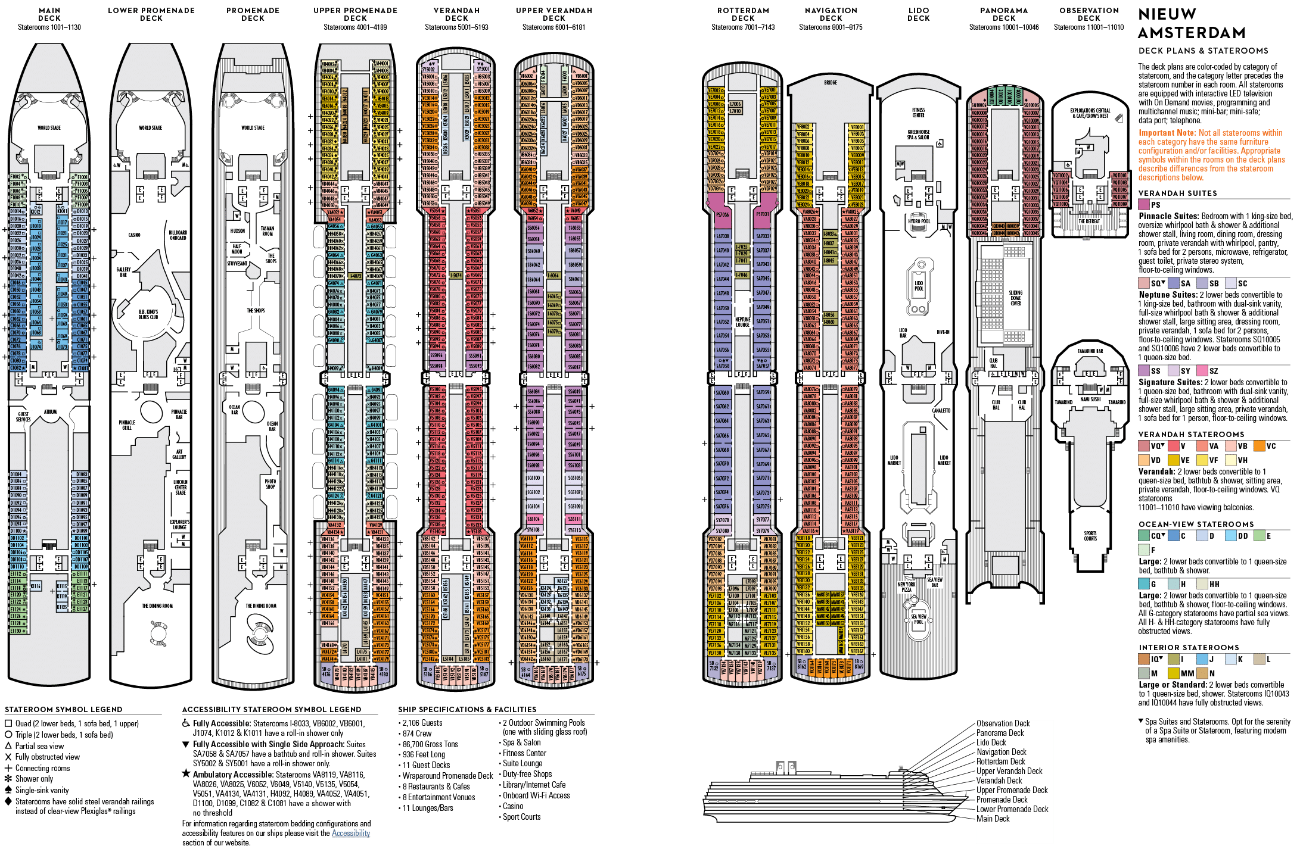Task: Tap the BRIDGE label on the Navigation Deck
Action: coord(831,83)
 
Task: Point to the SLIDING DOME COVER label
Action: coord(1015,298)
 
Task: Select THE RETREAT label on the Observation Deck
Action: coord(1089,221)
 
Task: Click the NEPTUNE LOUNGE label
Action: coord(742,322)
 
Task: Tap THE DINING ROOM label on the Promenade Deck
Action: coord(261,606)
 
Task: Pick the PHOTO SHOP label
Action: coord(270,484)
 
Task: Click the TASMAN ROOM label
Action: coord(268,231)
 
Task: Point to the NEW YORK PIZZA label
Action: coord(906,587)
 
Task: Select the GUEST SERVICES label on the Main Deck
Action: coord(24,416)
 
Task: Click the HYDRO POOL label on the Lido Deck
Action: coord(919,221)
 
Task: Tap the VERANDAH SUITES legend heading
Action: coord(1177,193)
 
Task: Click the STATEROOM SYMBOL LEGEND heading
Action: coord(64,709)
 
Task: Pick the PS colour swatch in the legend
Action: coord(1144,205)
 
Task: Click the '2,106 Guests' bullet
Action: coord(422,723)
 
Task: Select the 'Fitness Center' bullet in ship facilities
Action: coord(524,753)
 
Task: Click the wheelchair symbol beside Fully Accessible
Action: coord(186,723)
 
